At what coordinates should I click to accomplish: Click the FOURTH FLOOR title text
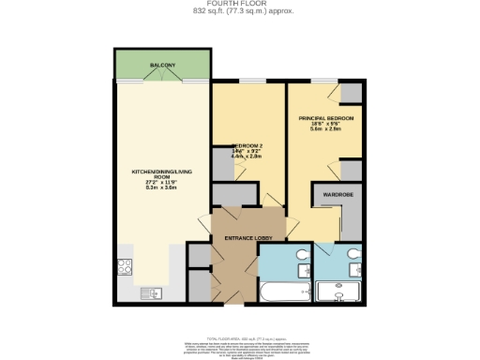pos(239,5)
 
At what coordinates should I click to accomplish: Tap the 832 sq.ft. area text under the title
pos(239,12)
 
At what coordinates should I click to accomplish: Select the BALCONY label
pos(162,65)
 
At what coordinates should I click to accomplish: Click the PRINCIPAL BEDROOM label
pos(325,119)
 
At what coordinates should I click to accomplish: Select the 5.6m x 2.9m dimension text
pos(325,132)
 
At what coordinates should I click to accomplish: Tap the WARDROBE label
pos(337,194)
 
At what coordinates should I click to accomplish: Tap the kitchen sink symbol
pos(149,294)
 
